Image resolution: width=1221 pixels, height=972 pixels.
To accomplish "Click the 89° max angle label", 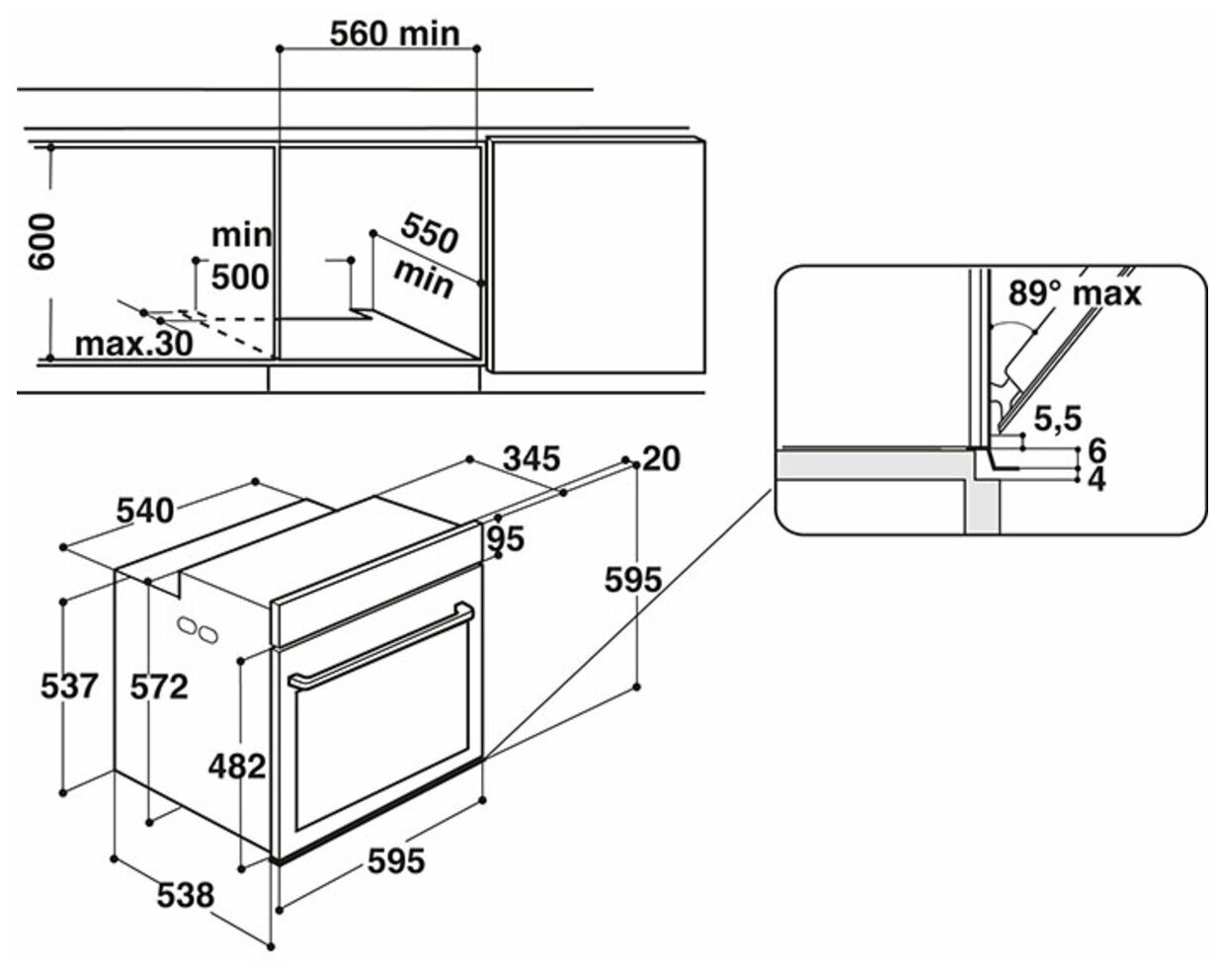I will pos(1075,292).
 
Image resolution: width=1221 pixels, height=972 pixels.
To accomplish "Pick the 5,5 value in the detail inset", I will pos(1054,419).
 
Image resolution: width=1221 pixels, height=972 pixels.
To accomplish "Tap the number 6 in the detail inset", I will pos(1095,450).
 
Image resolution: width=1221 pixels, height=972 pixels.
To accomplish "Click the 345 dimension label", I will pos(531,458).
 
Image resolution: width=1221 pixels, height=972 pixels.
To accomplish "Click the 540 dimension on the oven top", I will pos(144,510).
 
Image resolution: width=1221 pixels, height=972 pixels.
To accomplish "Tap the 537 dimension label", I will pos(69,684).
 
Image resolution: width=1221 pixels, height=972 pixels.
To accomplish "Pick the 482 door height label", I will pos(237,765).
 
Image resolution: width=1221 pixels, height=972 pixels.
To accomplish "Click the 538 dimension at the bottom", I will pos(185,895).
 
